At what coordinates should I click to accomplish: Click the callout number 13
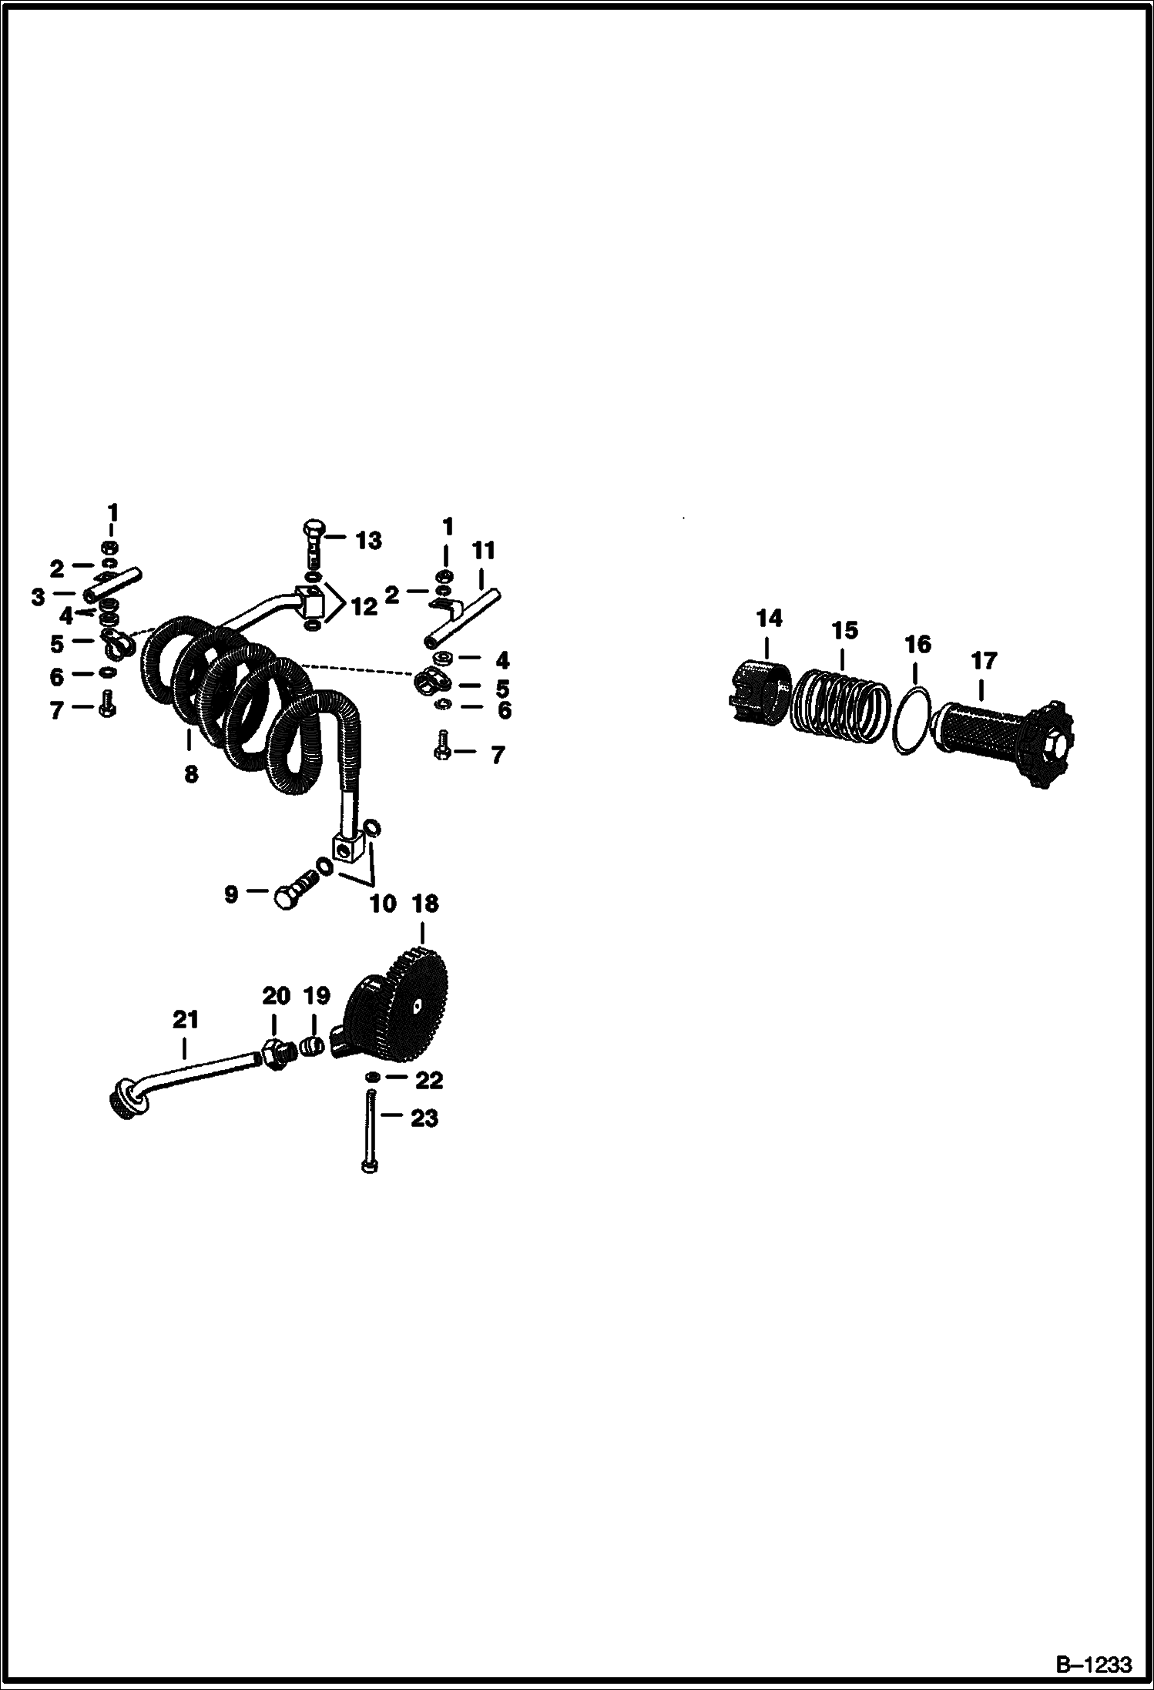coord(369,541)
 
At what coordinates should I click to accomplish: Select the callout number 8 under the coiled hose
coord(191,773)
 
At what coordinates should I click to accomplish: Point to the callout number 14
coord(769,618)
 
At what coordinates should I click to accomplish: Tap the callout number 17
coord(983,660)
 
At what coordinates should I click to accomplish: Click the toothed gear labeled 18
coord(401,1004)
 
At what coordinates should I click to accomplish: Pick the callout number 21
coord(186,1020)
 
